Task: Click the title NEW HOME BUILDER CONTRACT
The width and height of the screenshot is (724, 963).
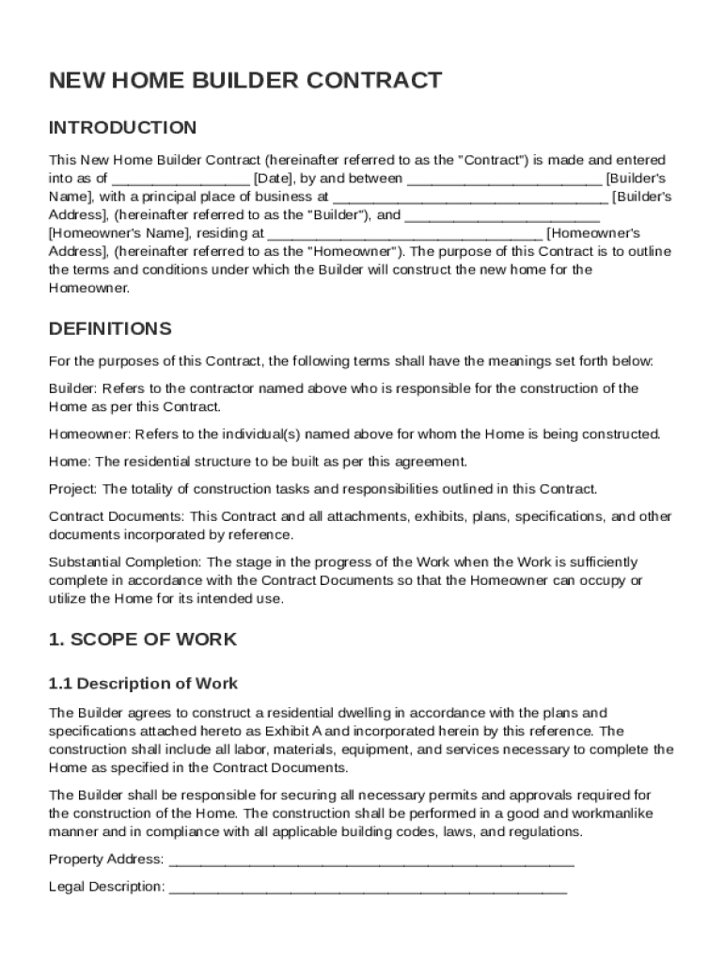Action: click(x=244, y=81)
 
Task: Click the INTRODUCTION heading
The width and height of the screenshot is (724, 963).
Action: click(x=122, y=128)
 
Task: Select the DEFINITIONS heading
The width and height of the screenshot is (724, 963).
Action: click(x=110, y=329)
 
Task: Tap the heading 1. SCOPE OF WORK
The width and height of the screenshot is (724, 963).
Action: click(x=142, y=639)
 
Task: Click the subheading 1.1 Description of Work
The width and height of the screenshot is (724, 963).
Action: click(x=143, y=684)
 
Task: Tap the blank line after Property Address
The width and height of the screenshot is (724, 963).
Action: click(x=371, y=860)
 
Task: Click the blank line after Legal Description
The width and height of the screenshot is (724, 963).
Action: click(x=368, y=887)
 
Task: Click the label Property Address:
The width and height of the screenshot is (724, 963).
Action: click(x=106, y=860)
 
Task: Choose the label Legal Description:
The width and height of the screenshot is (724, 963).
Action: click(x=106, y=887)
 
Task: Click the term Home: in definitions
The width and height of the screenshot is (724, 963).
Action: click(x=69, y=462)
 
